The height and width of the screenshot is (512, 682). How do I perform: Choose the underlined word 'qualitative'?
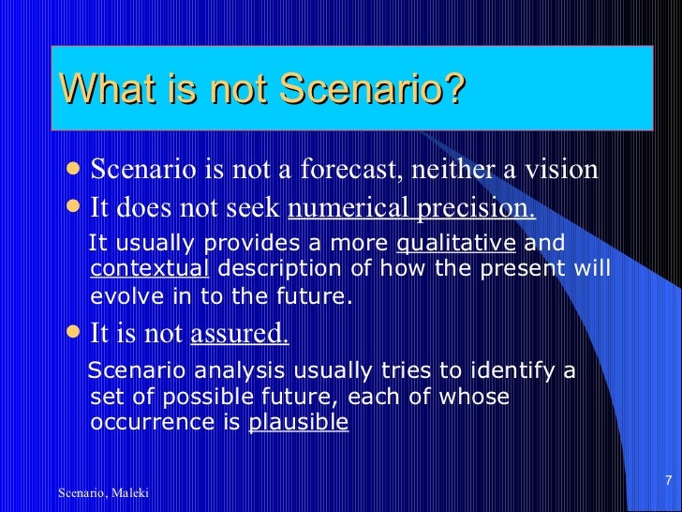pos(456,244)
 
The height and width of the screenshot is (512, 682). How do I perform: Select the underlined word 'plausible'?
pos(298,422)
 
